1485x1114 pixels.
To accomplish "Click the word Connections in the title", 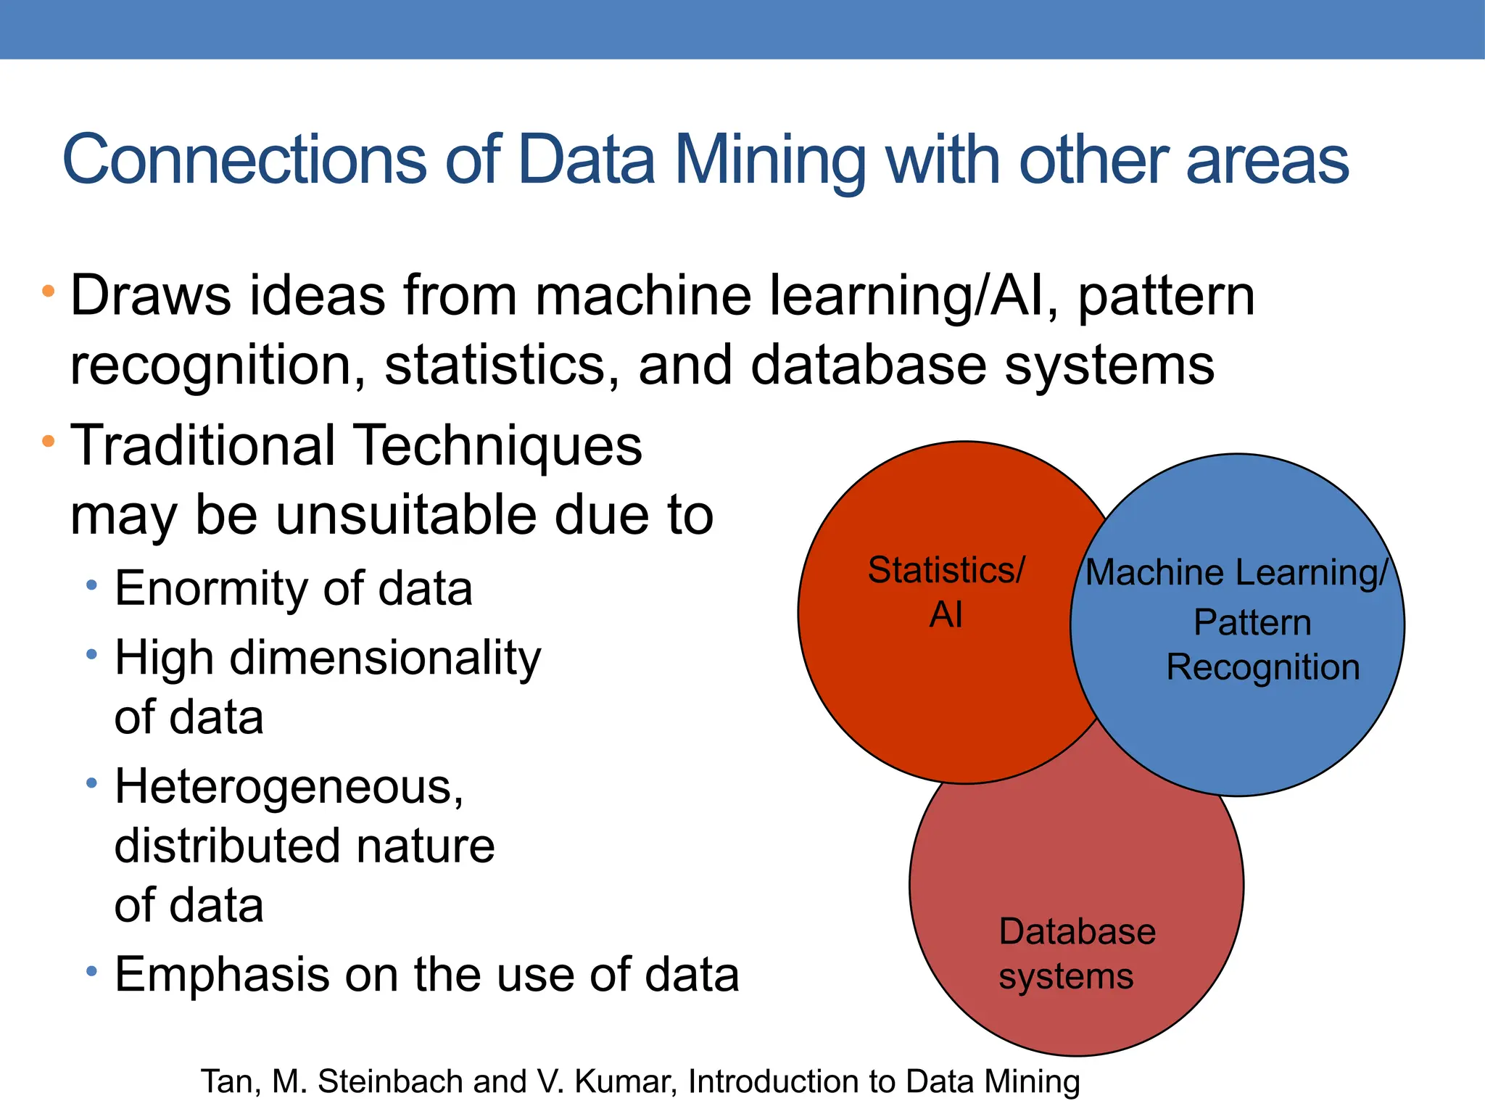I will pyautogui.click(x=244, y=160).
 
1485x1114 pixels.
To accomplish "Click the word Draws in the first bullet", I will pyautogui.click(x=150, y=296).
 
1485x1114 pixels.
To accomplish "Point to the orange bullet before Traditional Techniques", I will pyautogui.click(x=49, y=440).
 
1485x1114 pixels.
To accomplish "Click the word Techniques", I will pyautogui.click(x=500, y=445).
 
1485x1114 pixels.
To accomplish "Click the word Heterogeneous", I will pyautogui.click(x=288, y=787).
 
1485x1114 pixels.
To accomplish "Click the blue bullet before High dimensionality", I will pyautogui.click(x=91, y=655).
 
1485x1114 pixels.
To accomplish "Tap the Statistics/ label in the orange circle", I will pyautogui.click(x=946, y=570).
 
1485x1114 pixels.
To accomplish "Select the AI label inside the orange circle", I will pyautogui.click(x=946, y=615).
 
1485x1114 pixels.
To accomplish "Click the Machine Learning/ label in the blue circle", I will pyautogui.click(x=1236, y=573).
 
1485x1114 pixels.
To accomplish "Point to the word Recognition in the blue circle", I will pyautogui.click(x=1262, y=667).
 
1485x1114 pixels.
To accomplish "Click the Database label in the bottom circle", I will pyautogui.click(x=1077, y=932).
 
